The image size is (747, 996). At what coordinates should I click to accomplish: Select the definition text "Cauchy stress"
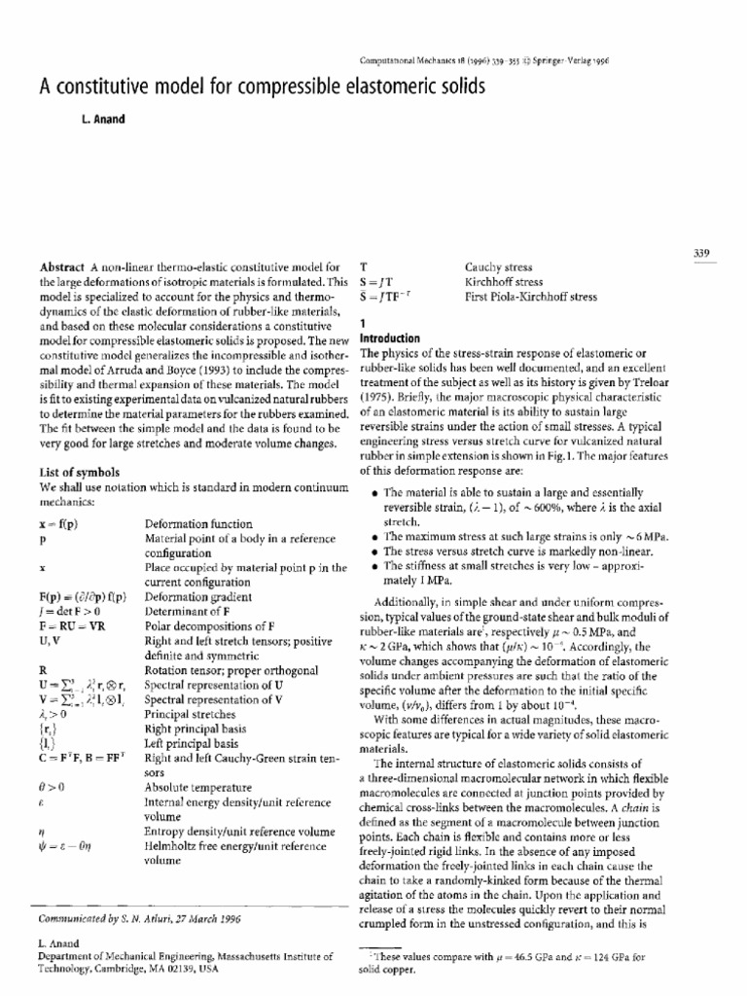click(x=497, y=266)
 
